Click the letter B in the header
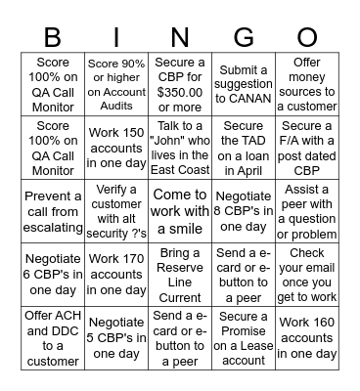pyautogui.click(x=53, y=37)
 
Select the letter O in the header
pyautogui.click(x=307, y=37)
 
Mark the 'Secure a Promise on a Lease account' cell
pyautogui.click(x=243, y=338)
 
